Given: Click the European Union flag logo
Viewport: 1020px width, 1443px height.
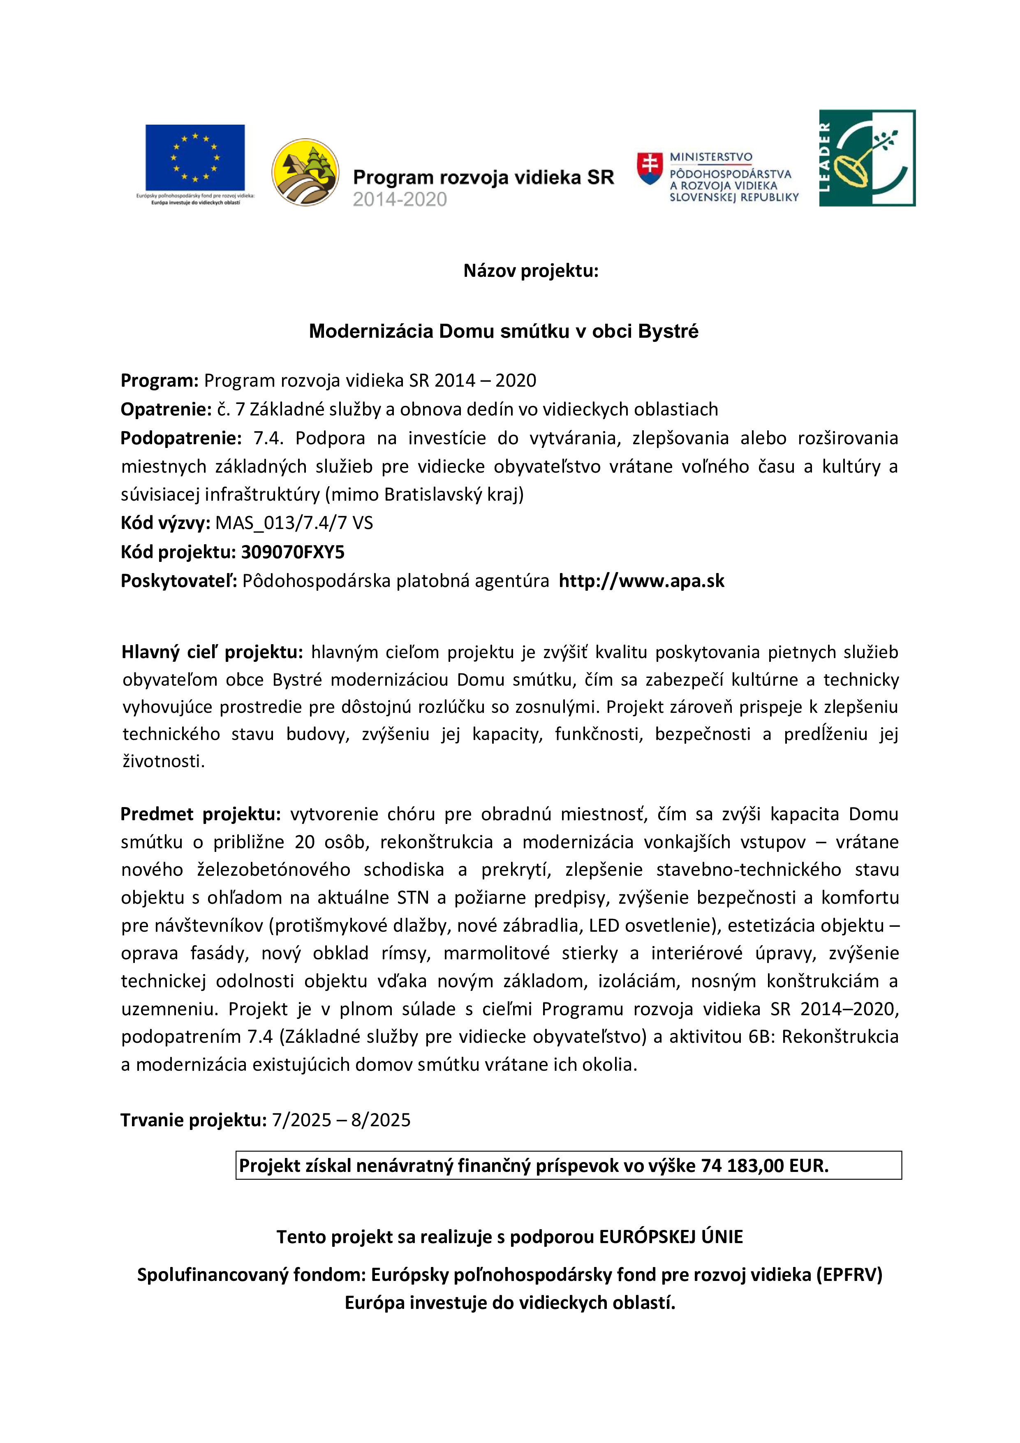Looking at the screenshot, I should (x=195, y=157).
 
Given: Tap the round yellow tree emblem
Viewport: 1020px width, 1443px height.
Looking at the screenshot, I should (x=305, y=172).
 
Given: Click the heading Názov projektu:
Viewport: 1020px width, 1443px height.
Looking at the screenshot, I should (x=531, y=271).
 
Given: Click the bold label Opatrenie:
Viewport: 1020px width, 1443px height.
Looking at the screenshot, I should (x=166, y=410).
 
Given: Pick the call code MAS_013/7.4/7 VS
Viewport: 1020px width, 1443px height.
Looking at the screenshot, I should (x=294, y=523).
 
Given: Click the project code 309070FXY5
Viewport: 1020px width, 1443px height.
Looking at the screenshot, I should (x=293, y=552).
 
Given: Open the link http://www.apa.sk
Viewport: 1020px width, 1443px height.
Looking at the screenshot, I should (x=641, y=581).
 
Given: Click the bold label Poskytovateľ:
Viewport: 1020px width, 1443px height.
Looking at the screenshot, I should (x=179, y=581).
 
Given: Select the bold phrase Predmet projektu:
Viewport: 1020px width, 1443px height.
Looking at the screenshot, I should (x=200, y=814).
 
